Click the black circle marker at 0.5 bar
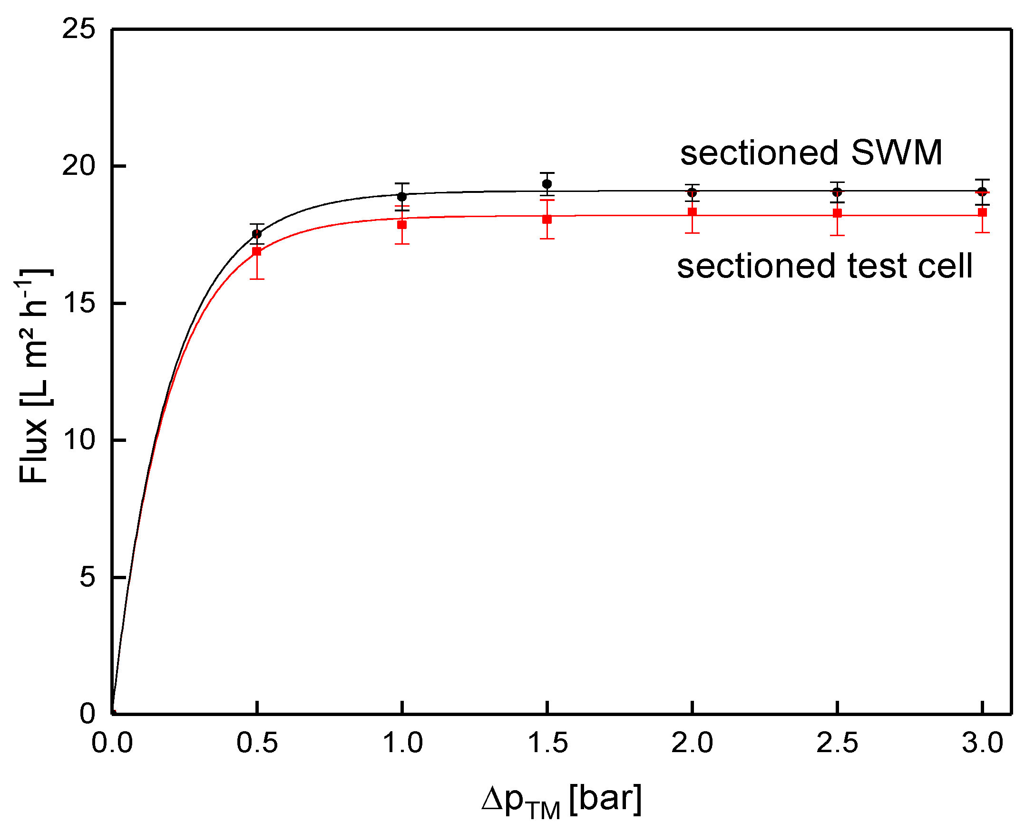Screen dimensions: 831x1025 point(257,234)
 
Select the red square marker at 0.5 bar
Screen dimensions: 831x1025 point(257,251)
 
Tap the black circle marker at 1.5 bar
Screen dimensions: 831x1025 point(547,184)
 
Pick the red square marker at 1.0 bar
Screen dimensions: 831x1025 point(402,225)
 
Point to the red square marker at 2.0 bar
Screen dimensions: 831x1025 point(692,211)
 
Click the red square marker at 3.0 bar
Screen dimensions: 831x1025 point(982,212)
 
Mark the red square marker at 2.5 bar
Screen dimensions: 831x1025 point(837,213)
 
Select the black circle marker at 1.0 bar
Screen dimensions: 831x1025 point(402,197)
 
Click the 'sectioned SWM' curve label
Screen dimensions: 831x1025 point(811,153)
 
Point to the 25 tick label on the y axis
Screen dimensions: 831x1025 point(78,29)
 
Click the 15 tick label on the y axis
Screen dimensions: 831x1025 point(78,303)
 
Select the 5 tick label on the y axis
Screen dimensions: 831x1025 point(87,577)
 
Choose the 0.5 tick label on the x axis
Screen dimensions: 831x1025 point(257,743)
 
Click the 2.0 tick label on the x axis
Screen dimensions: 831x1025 point(692,743)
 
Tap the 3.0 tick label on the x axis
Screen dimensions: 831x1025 point(982,743)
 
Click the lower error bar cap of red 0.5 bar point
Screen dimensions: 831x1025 point(257,278)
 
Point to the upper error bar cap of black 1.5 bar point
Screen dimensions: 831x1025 point(547,173)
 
